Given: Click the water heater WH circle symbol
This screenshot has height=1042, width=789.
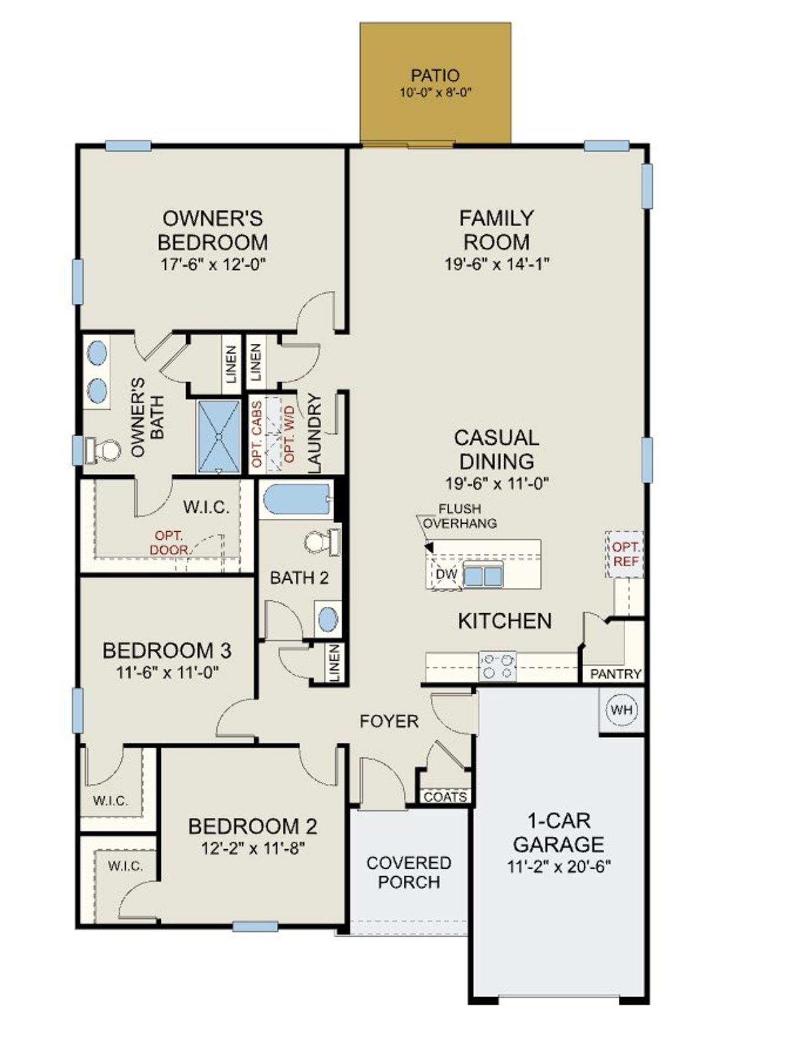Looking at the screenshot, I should coord(621,709).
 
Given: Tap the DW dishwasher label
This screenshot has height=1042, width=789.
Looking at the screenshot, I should coord(446,574).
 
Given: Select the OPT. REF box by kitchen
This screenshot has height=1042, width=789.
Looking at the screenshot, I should coord(624,554).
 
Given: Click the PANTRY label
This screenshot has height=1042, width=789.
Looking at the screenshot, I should coord(615,674).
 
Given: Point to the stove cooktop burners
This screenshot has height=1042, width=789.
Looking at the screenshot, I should coord(498,666).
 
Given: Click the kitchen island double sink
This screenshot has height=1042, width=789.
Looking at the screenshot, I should coord(483,576).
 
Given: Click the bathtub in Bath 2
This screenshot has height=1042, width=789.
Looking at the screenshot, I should coord(296,500).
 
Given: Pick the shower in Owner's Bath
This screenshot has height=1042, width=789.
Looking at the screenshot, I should coord(219,436).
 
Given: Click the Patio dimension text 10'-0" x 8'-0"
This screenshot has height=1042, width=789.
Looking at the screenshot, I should coord(435,93).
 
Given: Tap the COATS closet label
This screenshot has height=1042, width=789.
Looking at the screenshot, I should coord(445,797).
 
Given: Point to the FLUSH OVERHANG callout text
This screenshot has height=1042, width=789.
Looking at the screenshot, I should coord(460,516).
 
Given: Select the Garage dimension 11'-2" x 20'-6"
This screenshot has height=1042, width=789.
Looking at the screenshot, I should coord(558,866).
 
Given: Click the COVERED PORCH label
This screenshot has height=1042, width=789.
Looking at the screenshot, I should coord(409,872).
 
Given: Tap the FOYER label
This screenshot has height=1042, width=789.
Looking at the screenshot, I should coord(389,721).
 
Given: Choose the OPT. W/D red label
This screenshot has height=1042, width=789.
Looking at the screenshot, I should coord(289,434).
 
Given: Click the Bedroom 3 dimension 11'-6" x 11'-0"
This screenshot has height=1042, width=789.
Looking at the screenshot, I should coord(167,672).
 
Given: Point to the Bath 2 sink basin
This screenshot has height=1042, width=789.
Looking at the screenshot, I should coord(328,620).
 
